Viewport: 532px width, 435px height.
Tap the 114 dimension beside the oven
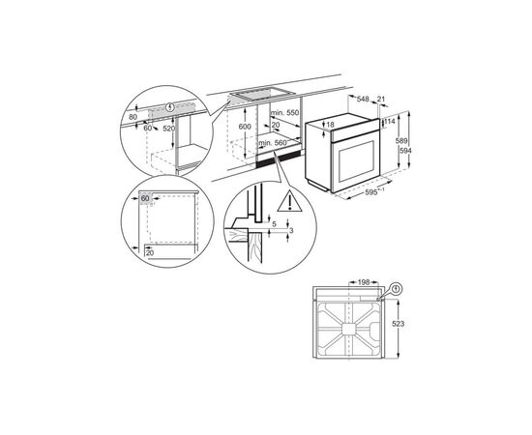393,122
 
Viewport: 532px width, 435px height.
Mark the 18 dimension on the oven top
331,125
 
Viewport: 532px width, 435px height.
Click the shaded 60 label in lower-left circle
146,198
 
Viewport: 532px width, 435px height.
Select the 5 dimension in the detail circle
274,224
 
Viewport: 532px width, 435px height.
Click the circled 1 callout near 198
397,288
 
